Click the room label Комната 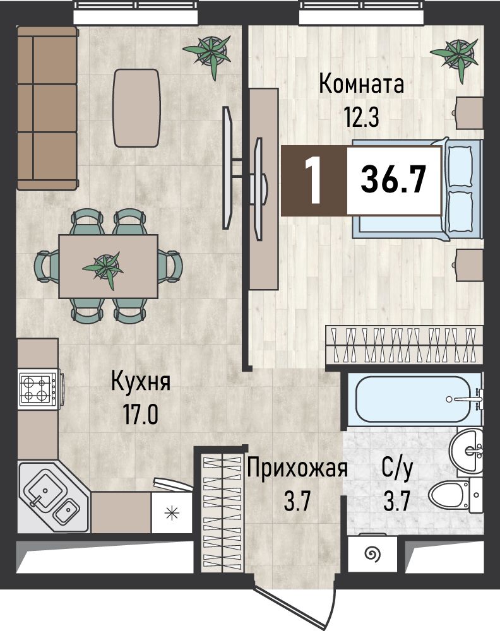coord(361,85)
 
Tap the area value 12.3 coord(361,117)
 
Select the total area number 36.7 coord(393,180)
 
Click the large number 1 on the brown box coord(312,180)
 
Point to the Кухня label coord(141,382)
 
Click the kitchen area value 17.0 coord(141,415)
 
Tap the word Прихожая coord(297,468)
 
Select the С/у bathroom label coord(397,469)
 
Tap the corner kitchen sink coord(54,497)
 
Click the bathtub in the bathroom coord(414,399)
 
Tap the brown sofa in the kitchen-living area coord(47,108)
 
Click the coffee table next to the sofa coord(136,108)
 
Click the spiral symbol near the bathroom coord(372,555)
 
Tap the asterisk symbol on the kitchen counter coord(170,513)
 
